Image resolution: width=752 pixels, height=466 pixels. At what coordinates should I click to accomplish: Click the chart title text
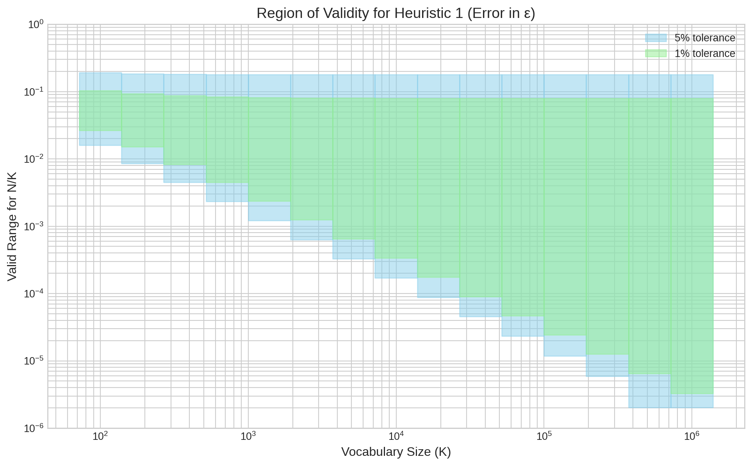pos(396,14)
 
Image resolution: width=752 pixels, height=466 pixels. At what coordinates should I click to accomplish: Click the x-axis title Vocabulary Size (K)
pos(396,452)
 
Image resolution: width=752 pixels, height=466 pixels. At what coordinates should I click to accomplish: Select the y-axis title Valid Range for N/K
pos(12,226)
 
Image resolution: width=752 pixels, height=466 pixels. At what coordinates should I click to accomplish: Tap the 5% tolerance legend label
pos(705,38)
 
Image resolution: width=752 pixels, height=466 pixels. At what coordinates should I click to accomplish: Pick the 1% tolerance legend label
pos(705,53)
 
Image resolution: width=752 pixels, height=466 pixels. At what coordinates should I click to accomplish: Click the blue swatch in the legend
pos(656,38)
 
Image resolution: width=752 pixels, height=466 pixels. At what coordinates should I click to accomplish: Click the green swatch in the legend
pos(656,53)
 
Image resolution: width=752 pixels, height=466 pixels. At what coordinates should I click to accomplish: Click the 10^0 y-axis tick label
pos(36,25)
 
